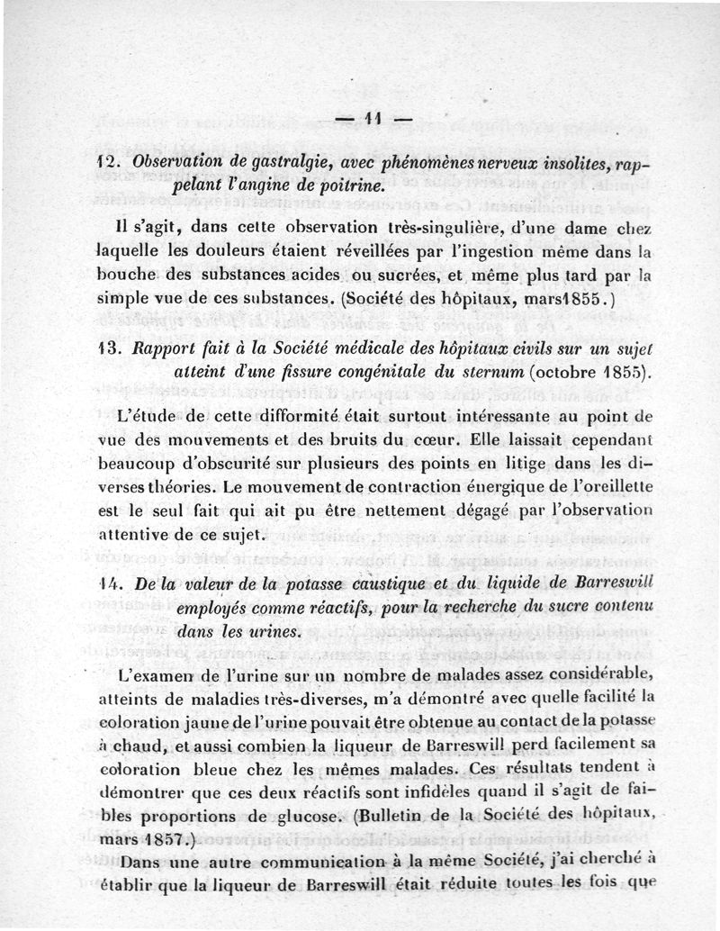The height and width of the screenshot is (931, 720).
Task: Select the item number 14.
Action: [106, 583]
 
